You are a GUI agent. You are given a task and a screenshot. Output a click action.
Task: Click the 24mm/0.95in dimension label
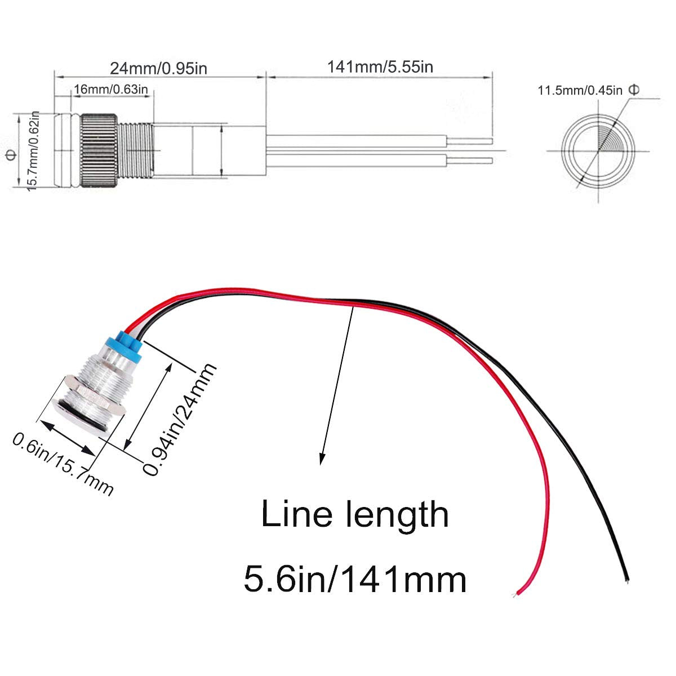click(x=158, y=68)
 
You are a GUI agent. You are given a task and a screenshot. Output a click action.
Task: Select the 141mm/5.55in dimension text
click(x=380, y=66)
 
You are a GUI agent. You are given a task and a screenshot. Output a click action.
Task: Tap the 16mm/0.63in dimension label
click(x=111, y=89)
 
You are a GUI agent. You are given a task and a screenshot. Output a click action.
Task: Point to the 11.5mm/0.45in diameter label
click(x=580, y=90)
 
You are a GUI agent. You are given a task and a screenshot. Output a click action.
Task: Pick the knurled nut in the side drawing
click(x=99, y=151)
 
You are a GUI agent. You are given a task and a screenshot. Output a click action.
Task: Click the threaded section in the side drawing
click(x=136, y=151)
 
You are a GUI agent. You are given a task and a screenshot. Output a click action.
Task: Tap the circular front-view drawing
click(x=599, y=151)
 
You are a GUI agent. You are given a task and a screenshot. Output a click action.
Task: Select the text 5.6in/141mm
click(x=355, y=579)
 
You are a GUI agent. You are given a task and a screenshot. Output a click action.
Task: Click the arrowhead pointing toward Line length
click(x=323, y=459)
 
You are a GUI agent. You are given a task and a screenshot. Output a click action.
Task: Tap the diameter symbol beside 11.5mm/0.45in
click(x=633, y=90)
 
